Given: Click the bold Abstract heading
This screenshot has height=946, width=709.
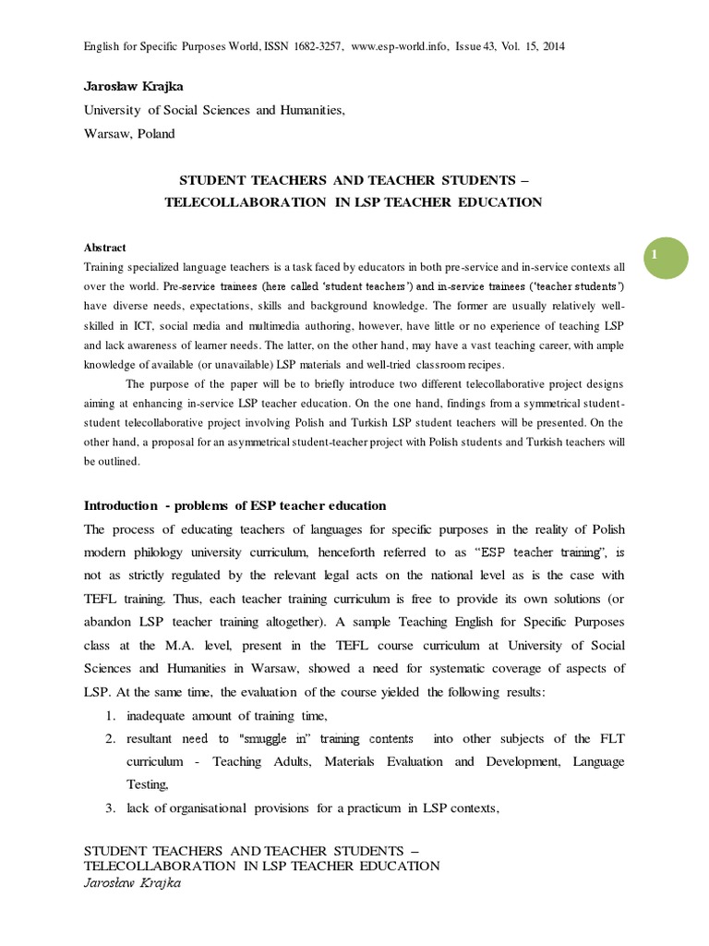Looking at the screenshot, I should tap(105, 248).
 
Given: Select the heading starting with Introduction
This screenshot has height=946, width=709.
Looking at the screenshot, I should tap(234, 505).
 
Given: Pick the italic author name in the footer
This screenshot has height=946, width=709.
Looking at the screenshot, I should tap(132, 882).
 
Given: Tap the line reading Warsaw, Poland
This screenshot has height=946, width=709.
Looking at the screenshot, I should tap(129, 133).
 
